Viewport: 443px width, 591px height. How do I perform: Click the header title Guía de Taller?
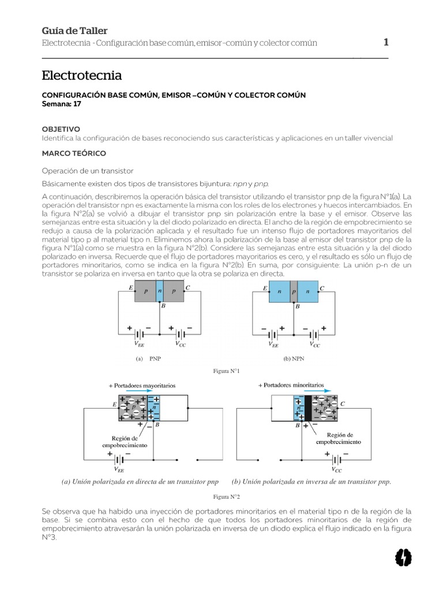click(75, 31)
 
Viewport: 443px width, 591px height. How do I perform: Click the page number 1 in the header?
click(386, 42)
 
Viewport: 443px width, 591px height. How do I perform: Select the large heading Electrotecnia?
click(82, 76)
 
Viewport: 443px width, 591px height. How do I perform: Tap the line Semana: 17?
click(62, 104)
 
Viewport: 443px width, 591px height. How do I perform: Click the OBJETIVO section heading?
click(61, 129)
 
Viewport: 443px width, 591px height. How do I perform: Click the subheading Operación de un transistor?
click(88, 171)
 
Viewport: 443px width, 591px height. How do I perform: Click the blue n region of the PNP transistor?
click(160, 291)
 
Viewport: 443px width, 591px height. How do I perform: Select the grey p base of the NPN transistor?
click(294, 291)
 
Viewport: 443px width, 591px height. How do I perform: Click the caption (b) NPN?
click(295, 358)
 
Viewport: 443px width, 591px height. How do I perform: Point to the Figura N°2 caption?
click(226, 496)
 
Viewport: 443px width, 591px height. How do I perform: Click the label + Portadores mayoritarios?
click(142, 384)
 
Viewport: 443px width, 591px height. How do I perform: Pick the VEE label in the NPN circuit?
click(273, 344)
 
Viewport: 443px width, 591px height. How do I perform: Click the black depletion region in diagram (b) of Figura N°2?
click(307, 408)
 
